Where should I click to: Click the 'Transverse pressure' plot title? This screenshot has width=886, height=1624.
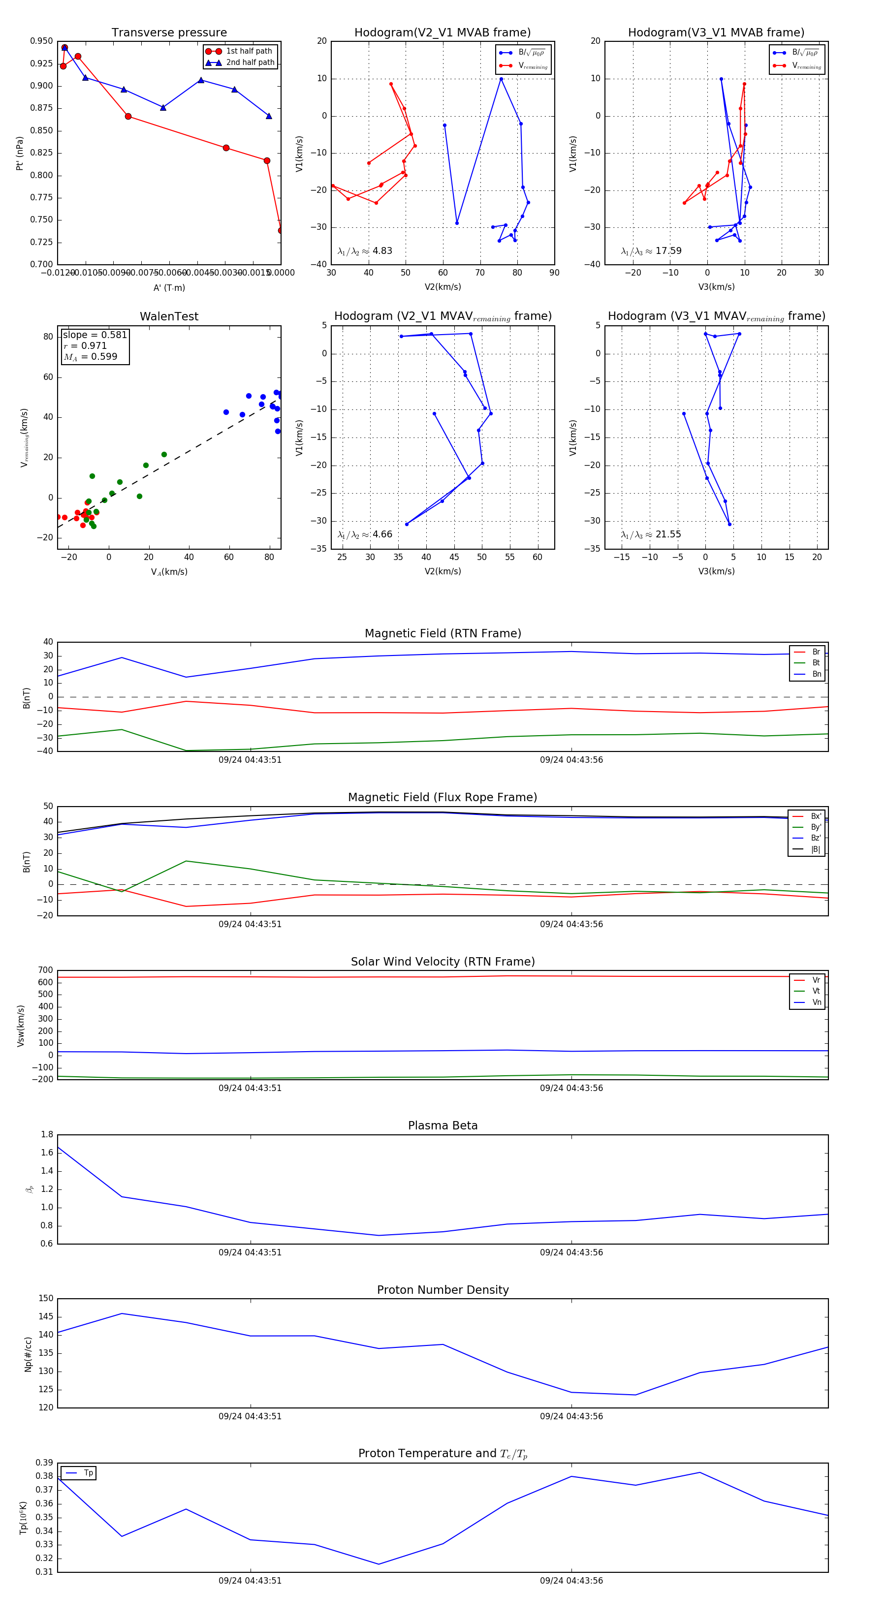click(x=169, y=33)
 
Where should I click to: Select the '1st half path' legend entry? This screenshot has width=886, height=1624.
click(x=249, y=51)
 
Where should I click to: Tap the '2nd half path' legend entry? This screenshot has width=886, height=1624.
click(x=250, y=62)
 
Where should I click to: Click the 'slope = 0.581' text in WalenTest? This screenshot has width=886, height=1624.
click(x=95, y=335)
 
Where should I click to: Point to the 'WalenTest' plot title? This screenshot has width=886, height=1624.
click(x=169, y=316)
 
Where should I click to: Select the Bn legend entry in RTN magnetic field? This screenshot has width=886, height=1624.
click(x=816, y=674)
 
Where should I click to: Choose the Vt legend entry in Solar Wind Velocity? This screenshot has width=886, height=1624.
click(x=816, y=991)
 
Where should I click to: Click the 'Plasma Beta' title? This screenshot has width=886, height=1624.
click(x=443, y=1125)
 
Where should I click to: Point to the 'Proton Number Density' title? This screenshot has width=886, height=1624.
click(x=443, y=1290)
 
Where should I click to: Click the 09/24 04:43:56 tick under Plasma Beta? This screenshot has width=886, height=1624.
click(x=571, y=1252)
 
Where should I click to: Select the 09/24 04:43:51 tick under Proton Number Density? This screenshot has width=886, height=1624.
click(x=251, y=1417)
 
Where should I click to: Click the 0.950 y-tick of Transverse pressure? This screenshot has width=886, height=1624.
click(x=42, y=41)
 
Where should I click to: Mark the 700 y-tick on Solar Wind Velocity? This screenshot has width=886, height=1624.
click(x=45, y=970)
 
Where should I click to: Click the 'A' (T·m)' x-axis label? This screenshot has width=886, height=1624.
click(x=169, y=287)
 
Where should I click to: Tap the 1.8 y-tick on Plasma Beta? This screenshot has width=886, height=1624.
click(x=47, y=1134)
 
